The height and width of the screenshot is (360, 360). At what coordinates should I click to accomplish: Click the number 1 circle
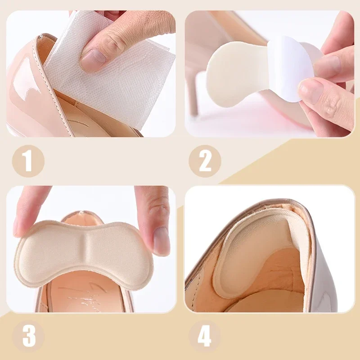coord(28,161)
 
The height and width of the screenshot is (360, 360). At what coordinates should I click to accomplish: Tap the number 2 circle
coord(205,161)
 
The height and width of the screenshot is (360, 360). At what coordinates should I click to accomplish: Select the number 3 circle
coord(28,335)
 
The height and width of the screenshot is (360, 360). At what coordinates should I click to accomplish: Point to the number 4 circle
coord(205,335)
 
